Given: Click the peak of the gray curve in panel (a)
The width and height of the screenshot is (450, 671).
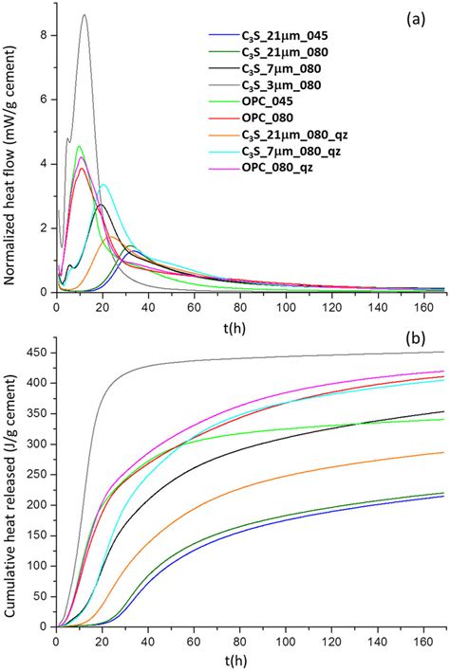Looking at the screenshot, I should coord(84,15).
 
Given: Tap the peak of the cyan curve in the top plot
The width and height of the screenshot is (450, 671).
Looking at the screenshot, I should coord(103,185).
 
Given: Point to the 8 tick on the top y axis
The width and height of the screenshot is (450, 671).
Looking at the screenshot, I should coord(44,35).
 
